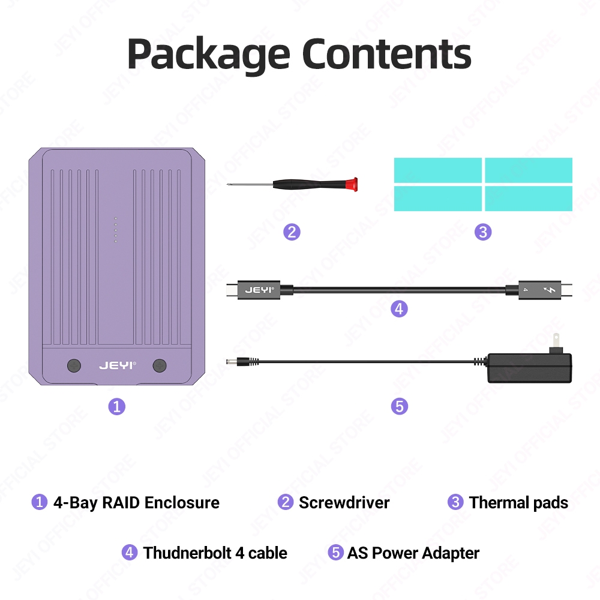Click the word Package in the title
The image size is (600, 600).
tap(209, 55)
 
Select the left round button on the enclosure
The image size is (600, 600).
tap(74, 365)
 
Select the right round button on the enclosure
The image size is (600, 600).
tap(160, 365)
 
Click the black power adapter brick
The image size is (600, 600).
tap(529, 367)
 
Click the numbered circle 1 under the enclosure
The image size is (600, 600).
tap(116, 406)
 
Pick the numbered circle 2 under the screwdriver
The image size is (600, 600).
tap(292, 232)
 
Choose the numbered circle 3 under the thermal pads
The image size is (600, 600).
tap(483, 232)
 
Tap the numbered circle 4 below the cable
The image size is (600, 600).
tap(399, 309)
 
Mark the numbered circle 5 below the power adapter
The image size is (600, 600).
tap(399, 406)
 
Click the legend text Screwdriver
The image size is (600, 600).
tap(344, 502)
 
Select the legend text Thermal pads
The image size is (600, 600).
tap(518, 502)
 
